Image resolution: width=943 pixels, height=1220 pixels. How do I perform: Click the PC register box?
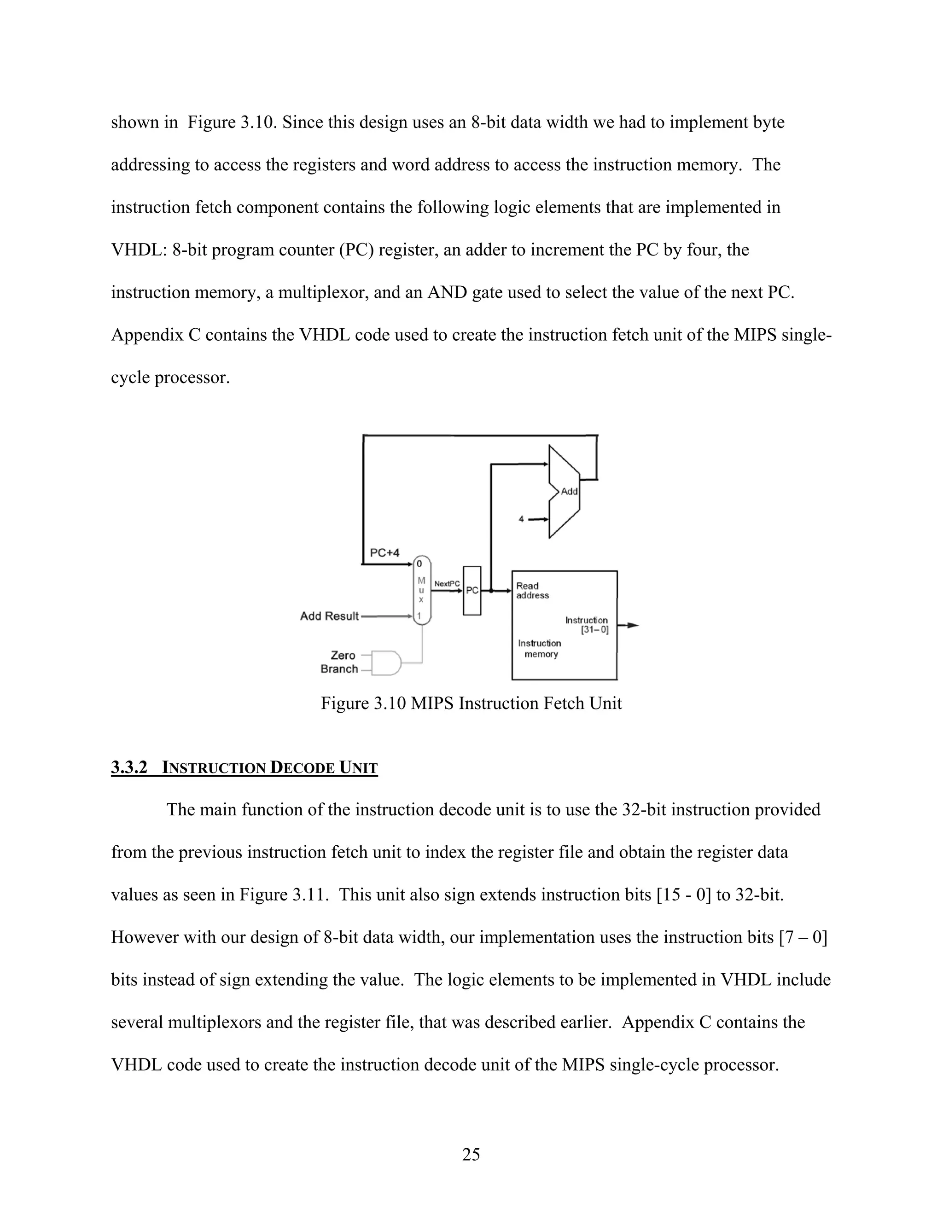tap(471, 591)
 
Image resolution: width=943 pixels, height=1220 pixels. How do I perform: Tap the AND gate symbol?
tap(387, 662)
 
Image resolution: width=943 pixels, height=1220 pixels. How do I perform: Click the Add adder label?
tap(569, 492)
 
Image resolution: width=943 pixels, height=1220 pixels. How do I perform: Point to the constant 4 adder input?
tap(521, 519)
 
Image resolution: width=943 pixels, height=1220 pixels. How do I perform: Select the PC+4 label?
tap(385, 552)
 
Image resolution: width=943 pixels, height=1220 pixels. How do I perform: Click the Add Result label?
tap(329, 616)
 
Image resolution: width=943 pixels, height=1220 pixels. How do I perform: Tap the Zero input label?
tap(343, 655)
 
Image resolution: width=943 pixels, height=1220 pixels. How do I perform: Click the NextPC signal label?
tap(447, 584)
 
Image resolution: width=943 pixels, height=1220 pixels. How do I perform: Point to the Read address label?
tap(532, 591)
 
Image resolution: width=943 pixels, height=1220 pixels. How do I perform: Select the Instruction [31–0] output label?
tap(587, 625)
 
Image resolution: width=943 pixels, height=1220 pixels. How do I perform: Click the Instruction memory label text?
tap(540, 649)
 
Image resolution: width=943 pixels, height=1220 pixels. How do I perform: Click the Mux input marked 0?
tap(419, 564)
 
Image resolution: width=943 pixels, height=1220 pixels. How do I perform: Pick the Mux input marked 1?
tap(419, 616)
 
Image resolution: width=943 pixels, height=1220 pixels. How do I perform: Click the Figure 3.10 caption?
tap(471, 703)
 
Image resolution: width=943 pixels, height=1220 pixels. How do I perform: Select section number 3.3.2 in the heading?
tap(129, 767)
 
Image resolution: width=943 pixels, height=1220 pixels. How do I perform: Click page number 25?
tap(471, 1154)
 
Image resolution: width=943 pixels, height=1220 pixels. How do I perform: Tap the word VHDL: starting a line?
tap(139, 250)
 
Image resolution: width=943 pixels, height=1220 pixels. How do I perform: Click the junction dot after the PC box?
tap(491, 591)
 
